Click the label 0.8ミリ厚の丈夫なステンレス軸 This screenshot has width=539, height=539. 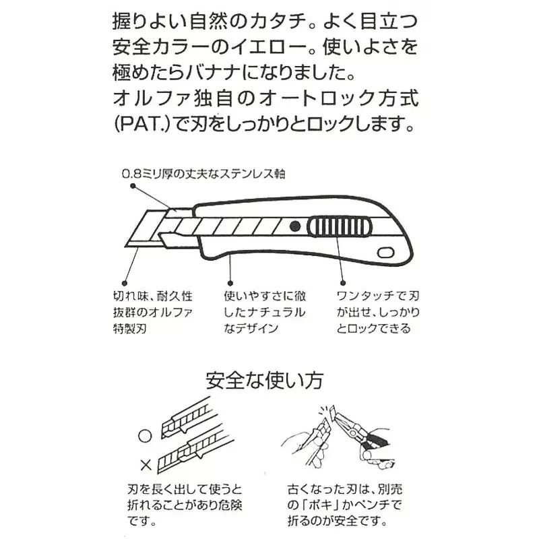(x=203, y=173)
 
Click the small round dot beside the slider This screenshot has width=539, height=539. (x=295, y=226)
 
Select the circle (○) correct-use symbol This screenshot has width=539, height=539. (x=144, y=435)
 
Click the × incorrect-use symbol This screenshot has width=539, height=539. (x=144, y=464)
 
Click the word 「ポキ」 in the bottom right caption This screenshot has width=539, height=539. (x=311, y=503)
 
